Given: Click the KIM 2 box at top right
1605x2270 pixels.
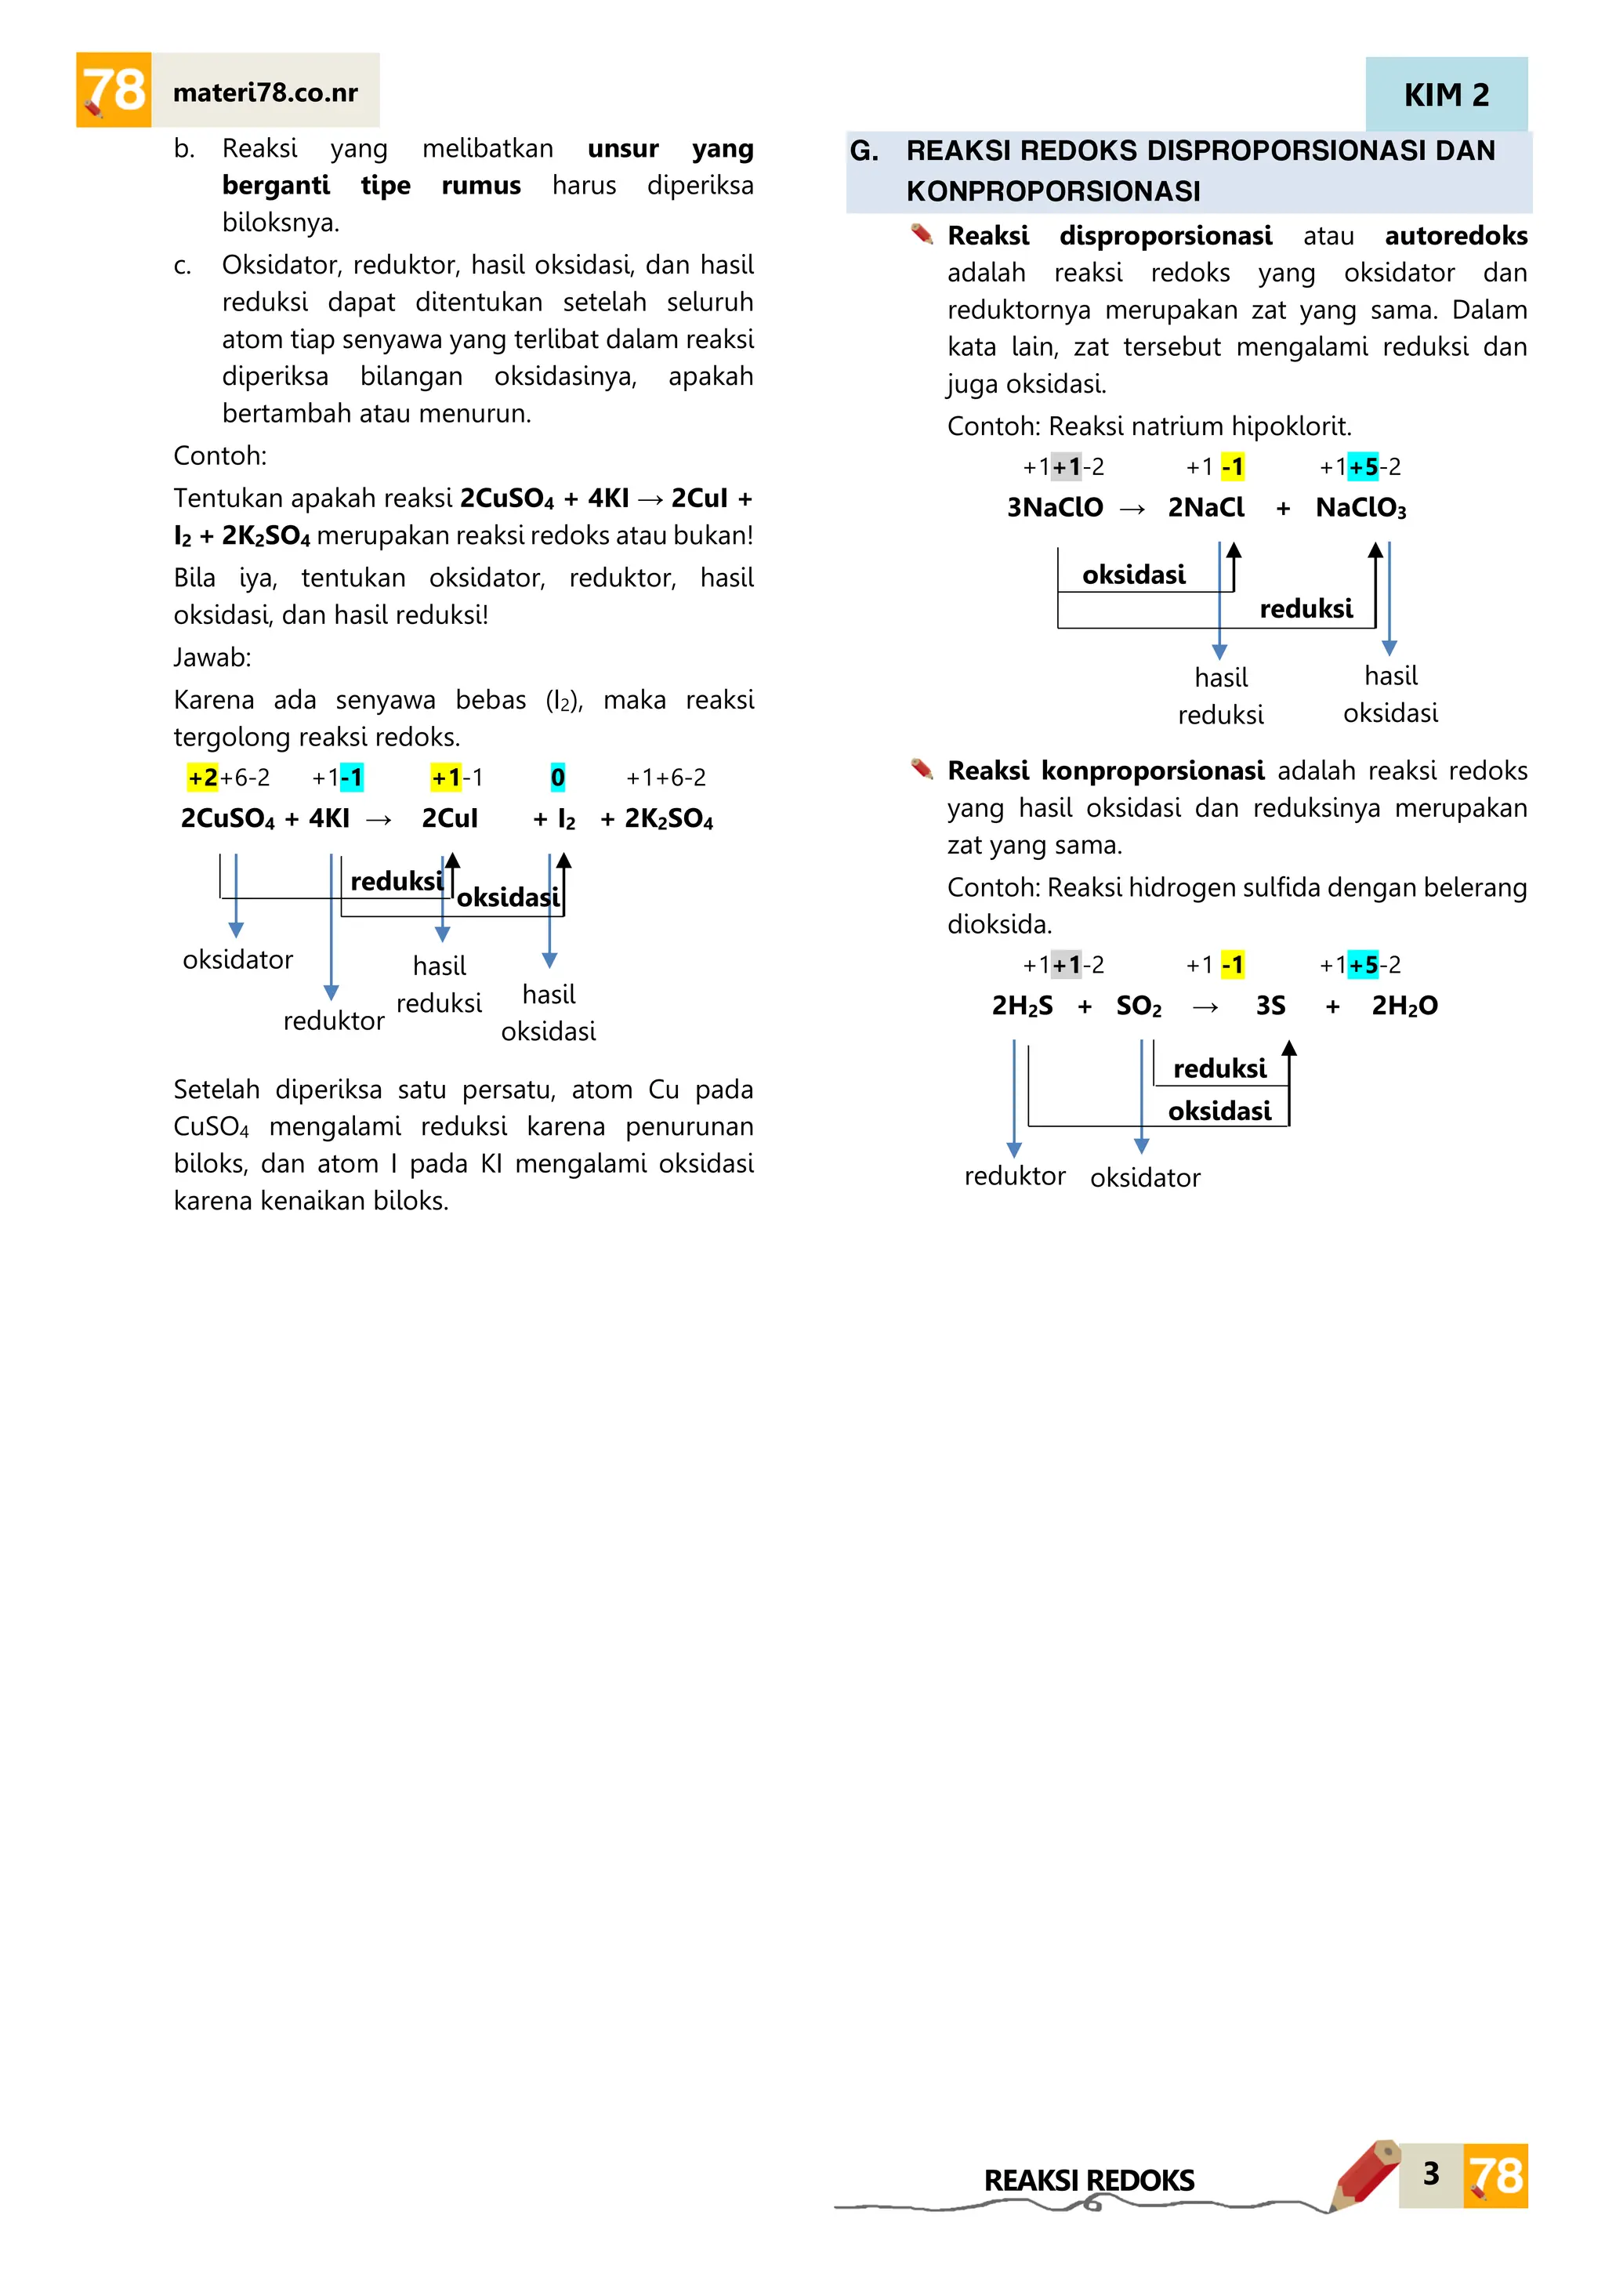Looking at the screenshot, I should [1445, 95].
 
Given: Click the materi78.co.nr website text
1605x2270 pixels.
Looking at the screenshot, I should [265, 93].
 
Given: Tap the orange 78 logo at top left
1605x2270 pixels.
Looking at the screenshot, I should [114, 90].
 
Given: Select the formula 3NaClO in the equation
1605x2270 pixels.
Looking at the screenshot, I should [1055, 507].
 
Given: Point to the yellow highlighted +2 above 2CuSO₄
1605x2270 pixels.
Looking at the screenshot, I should [203, 778].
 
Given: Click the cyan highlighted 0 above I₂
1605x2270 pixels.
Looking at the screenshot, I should [557, 778].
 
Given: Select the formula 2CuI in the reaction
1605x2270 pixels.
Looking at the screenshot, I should [450, 818].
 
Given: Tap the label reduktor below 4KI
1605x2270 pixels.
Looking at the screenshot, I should [333, 1021].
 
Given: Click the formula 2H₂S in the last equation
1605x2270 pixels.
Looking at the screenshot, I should [1022, 1006].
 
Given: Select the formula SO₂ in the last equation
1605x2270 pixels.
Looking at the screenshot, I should [1139, 1006].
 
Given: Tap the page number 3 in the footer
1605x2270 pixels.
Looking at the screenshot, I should [1430, 2173].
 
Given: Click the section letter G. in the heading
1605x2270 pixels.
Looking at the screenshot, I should [864, 151].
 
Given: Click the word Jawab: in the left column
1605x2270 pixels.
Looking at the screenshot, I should [212, 658].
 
